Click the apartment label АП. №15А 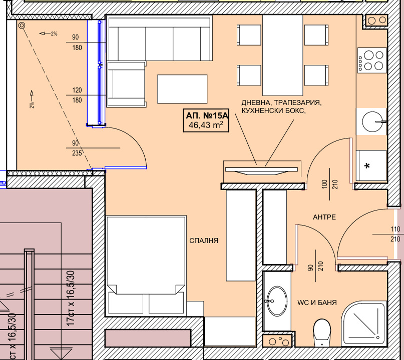click(x=207, y=115)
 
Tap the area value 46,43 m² click(x=206, y=125)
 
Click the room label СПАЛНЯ click(x=204, y=240)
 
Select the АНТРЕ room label click(x=324, y=217)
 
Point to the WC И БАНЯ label click(x=317, y=302)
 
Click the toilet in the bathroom click(x=322, y=332)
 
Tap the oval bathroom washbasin click(x=277, y=301)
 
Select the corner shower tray click(x=364, y=323)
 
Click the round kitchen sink click(x=372, y=121)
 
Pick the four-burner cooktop click(x=372, y=60)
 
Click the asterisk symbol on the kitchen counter click(x=367, y=165)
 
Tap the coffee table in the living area click(x=182, y=89)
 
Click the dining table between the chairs click(x=283, y=55)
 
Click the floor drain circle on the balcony click(x=22, y=25)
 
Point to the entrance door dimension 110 click(x=395, y=229)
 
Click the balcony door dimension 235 click(x=77, y=153)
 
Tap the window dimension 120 click(x=77, y=90)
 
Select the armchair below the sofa click(x=126, y=84)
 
